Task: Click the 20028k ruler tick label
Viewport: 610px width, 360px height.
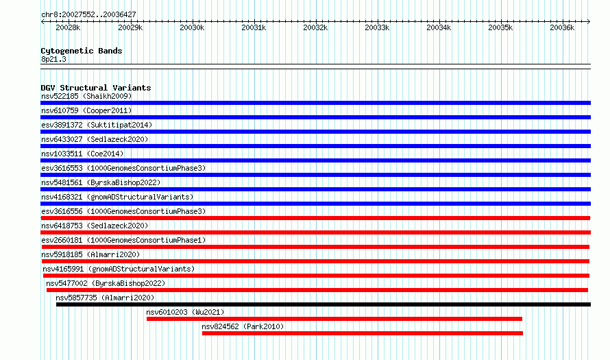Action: pyautogui.click(x=68, y=27)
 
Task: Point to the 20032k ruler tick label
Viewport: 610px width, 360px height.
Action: pyautogui.click(x=315, y=27)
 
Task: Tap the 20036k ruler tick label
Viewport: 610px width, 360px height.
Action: pyautogui.click(x=562, y=27)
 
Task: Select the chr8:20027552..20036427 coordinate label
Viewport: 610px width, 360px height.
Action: pyautogui.click(x=88, y=15)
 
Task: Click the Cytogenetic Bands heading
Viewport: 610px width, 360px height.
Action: pyautogui.click(x=82, y=51)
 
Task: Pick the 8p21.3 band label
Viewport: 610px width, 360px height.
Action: pyautogui.click(x=53, y=59)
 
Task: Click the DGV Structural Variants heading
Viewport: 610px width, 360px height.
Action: pyautogui.click(x=96, y=88)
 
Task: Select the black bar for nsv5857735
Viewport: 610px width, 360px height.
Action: pyautogui.click(x=324, y=304)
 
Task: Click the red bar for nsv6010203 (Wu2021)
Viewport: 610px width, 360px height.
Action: pyautogui.click(x=334, y=319)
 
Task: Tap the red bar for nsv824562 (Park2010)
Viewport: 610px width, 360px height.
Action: pyautogui.click(x=363, y=333)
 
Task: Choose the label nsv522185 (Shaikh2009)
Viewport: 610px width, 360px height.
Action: pyautogui.click(x=86, y=96)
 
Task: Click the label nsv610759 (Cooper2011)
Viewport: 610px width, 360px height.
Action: pyautogui.click(x=86, y=110)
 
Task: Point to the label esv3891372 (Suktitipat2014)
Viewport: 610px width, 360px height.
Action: pyautogui.click(x=97, y=125)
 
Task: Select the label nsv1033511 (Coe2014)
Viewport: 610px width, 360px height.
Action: pyautogui.click(x=82, y=154)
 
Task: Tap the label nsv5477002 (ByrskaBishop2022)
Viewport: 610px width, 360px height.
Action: pyautogui.click(x=106, y=283)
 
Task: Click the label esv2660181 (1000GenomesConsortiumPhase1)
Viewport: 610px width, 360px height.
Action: pyautogui.click(x=123, y=240)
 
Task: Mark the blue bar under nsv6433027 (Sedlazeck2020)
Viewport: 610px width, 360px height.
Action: pyautogui.click(x=315, y=146)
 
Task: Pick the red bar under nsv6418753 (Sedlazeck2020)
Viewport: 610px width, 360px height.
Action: pyautogui.click(x=315, y=232)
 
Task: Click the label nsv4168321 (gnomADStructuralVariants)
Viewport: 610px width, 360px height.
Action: pyautogui.click(x=117, y=197)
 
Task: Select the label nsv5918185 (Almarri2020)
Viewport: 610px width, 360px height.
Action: pyautogui.click(x=90, y=254)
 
